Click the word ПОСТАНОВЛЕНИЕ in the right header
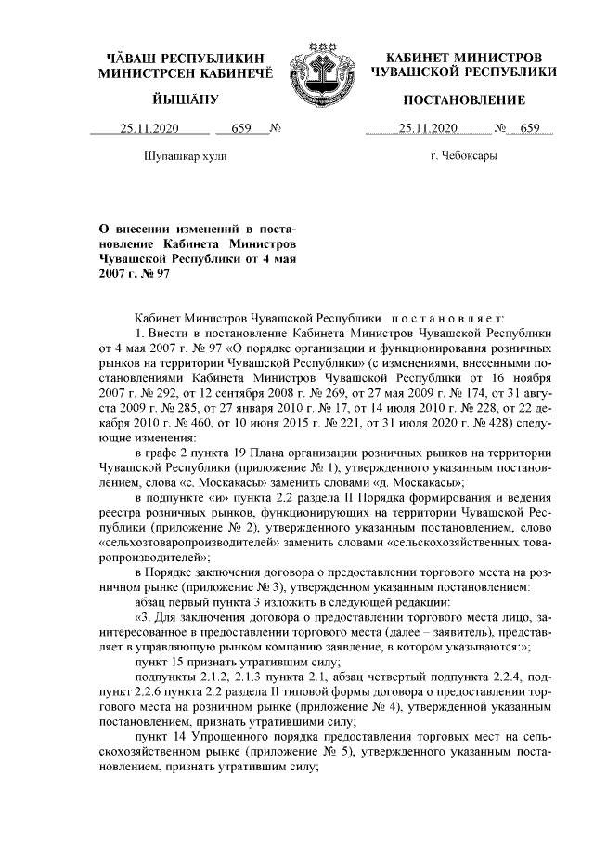(x=463, y=99)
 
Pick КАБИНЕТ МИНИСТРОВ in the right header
(x=463, y=56)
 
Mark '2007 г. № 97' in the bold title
(x=136, y=274)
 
